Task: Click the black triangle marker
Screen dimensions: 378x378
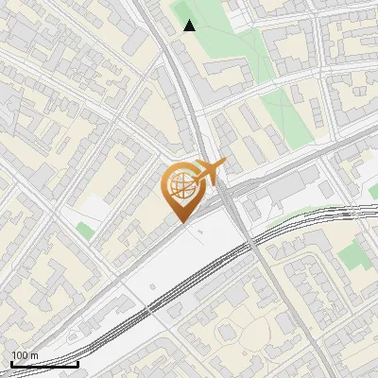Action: click(x=190, y=26)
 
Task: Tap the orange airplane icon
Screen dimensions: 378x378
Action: click(x=208, y=172)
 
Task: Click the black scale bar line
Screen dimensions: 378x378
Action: click(x=44, y=364)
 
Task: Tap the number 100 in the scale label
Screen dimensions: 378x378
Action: click(x=20, y=355)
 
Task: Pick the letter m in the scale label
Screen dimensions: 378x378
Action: click(x=34, y=355)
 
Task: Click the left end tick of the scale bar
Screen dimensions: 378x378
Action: click(x=11, y=362)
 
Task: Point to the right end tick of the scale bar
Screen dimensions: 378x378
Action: click(x=77, y=362)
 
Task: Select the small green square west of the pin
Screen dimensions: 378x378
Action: click(x=86, y=231)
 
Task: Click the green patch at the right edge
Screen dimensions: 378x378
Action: click(x=353, y=253)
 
